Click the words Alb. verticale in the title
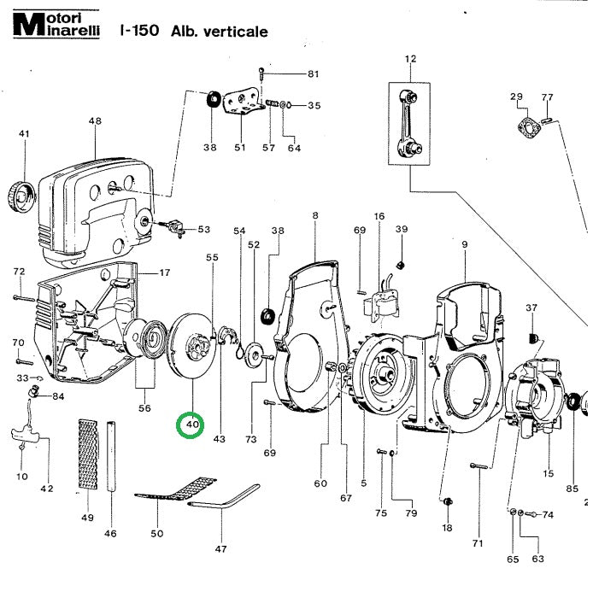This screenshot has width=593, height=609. [220, 32]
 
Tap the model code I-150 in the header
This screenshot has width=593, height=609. [138, 32]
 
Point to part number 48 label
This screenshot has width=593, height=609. [94, 121]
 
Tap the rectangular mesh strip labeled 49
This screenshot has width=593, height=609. [86, 454]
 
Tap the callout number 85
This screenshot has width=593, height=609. [572, 489]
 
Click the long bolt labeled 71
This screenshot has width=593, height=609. [478, 466]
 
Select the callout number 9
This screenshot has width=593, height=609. [464, 245]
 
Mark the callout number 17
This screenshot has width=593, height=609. [165, 273]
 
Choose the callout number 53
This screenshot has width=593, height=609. [203, 230]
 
